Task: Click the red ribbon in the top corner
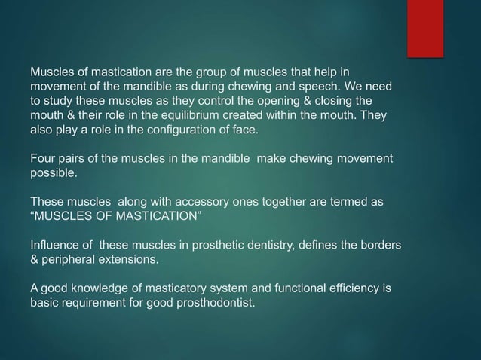(426, 27)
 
